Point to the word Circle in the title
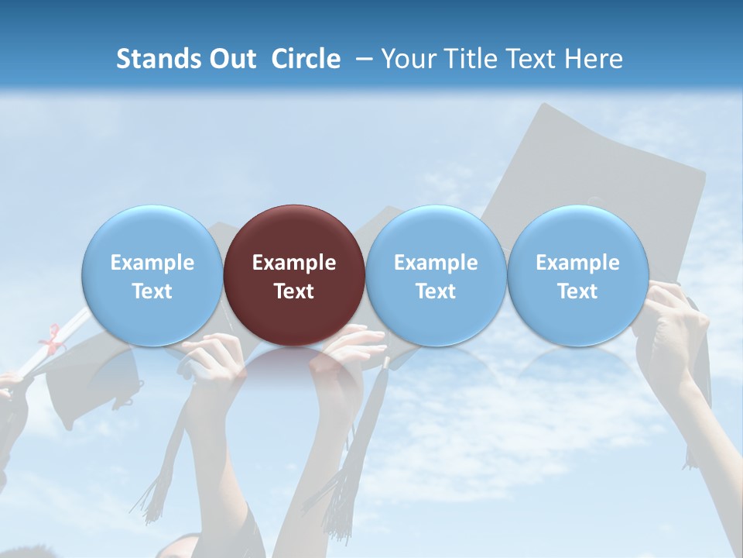point(306,59)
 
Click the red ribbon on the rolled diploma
point(53,339)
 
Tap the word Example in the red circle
point(294,263)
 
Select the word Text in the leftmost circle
point(152,291)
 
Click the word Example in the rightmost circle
point(578,263)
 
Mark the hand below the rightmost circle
point(673,325)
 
